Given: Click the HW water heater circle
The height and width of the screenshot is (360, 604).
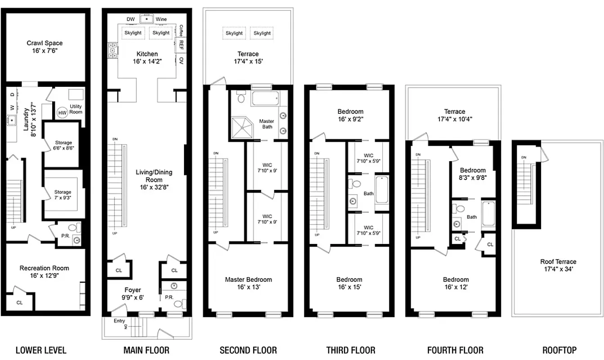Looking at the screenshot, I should point(62,112).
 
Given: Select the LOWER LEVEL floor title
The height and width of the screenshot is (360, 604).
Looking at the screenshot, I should point(41,350).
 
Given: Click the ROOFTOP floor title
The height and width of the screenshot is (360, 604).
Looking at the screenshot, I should point(559,350).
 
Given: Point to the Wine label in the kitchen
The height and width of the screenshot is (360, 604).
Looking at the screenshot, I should point(161,19).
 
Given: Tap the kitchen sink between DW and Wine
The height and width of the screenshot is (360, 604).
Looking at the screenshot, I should point(146,19).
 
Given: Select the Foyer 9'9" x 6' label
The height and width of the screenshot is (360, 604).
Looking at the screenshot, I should point(133,293).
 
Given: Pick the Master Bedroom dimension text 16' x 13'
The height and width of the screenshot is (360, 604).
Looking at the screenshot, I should point(248,287).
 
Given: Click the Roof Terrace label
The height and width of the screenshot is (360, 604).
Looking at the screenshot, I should point(558,265).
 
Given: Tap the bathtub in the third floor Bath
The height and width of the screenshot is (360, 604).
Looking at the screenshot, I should point(381,190).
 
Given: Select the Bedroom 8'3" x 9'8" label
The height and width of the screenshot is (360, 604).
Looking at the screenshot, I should point(473,174).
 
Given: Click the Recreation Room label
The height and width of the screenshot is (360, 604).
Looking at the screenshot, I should point(44,272).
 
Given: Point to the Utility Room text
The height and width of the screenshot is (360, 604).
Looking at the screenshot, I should point(76,109).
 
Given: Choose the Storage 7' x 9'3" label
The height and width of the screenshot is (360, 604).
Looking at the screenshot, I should point(63,195).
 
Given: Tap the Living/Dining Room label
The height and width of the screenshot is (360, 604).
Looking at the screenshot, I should point(154,175).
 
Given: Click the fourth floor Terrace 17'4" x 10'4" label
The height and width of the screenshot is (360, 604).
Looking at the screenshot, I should point(454,115).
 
